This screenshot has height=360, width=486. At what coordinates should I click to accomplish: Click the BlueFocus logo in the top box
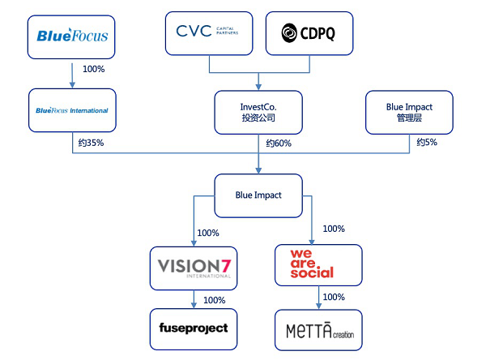[72, 35]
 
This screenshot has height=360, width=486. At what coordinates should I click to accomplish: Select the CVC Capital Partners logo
[207, 31]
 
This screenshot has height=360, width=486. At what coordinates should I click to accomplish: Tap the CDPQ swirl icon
[289, 33]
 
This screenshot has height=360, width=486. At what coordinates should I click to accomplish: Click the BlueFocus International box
[72, 110]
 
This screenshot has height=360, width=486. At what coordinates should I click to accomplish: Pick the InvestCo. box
[258, 113]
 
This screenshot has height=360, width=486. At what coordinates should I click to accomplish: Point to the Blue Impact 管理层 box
[409, 113]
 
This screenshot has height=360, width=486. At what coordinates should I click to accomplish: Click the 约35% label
[91, 143]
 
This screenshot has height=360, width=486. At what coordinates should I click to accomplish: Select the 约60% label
[279, 143]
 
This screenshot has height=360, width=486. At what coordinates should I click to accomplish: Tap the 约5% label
[427, 142]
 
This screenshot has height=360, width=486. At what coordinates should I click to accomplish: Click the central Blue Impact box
[258, 195]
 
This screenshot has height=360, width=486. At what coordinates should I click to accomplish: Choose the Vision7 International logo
[194, 268]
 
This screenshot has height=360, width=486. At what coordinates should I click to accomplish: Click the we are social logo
[312, 264]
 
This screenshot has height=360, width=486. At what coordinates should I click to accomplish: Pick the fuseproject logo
[194, 328]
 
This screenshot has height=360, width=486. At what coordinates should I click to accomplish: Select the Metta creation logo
[320, 331]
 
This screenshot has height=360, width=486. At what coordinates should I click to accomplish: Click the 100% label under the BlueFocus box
[94, 69]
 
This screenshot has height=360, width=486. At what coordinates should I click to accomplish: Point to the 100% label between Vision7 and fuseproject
[214, 300]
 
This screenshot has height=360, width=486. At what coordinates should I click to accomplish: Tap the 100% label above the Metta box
[334, 297]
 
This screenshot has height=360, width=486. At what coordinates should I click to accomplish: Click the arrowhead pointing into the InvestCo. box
[258, 87]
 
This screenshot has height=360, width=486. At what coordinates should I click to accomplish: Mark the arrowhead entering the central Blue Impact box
[258, 170]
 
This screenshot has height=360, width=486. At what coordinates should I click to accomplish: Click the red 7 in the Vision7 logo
[226, 266]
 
